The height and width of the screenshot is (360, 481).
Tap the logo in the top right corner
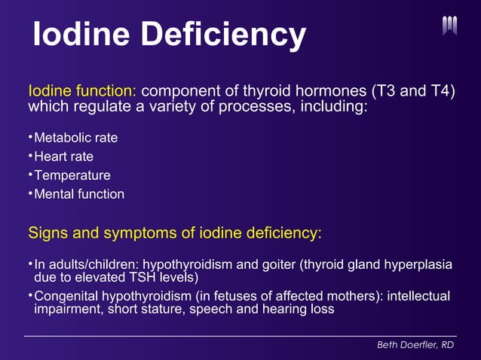coord(450,26)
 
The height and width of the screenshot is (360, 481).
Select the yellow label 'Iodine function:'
coord(82,91)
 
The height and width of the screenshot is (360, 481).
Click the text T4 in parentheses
coord(440,91)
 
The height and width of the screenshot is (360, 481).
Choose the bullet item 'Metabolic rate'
coord(76,139)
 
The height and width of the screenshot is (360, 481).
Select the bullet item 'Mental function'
coord(79,194)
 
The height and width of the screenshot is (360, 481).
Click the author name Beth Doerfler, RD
coord(416,344)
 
